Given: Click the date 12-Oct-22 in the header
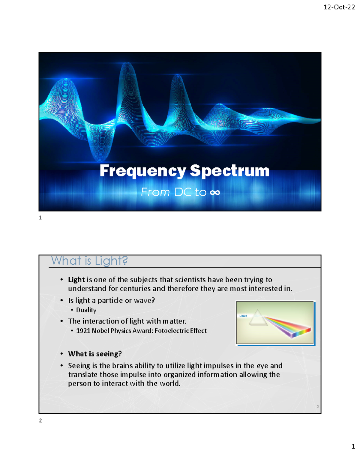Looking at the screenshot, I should [x=339, y=7].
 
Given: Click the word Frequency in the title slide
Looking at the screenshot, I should [x=143, y=171].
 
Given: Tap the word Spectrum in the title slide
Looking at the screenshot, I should [x=229, y=171].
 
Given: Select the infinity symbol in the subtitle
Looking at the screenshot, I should [x=215, y=192].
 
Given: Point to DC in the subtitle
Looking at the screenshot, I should [x=183, y=192].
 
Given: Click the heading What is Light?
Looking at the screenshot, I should [x=89, y=261].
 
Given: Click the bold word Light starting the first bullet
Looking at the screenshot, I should [x=76, y=280].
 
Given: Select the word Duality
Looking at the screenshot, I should [x=86, y=310].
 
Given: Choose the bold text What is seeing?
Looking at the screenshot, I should [x=95, y=354].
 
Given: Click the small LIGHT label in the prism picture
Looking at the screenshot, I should [x=243, y=316].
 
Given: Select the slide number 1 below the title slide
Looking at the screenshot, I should [x=40, y=218].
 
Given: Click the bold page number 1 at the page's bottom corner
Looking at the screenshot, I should [x=353, y=446].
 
